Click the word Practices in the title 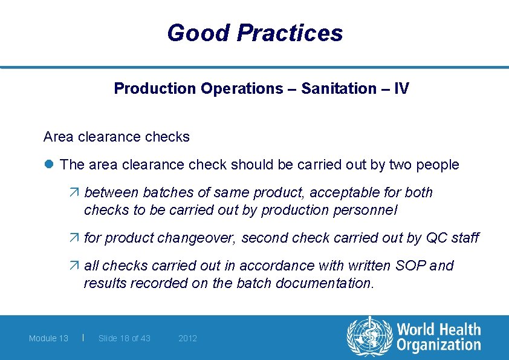290,33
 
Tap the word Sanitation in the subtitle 339,89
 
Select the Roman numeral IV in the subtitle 401,89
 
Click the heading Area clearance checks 116,137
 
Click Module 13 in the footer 48,338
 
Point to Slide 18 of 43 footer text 125,338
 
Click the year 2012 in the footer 187,338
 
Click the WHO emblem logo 369,337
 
